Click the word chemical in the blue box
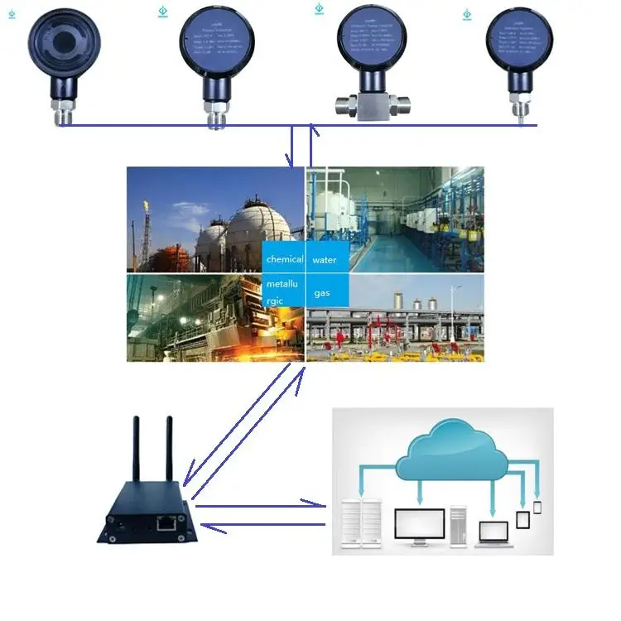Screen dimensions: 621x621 285,259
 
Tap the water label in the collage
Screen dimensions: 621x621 325,260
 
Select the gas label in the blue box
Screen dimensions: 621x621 322,293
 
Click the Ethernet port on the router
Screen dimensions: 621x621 166,522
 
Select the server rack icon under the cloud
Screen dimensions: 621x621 363,527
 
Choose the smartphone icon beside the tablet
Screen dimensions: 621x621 537,507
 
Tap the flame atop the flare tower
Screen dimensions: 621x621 146,204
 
